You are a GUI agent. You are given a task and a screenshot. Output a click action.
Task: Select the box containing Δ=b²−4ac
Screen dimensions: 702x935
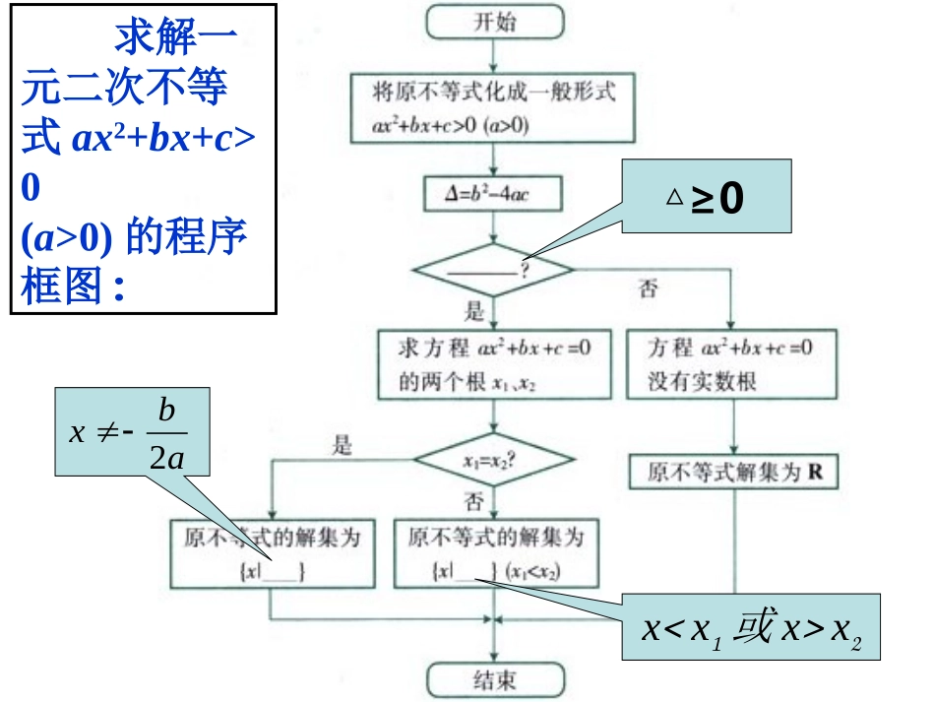492,194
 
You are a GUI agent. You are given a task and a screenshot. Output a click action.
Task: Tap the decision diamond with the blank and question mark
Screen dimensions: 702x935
492,270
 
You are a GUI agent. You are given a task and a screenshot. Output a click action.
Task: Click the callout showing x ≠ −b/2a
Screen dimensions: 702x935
120,431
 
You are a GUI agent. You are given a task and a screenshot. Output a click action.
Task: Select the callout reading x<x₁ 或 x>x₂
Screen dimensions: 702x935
750,628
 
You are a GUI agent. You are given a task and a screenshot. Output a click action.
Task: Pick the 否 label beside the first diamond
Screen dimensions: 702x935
649,289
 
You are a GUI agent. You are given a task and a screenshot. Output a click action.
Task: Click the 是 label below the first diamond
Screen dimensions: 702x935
475,314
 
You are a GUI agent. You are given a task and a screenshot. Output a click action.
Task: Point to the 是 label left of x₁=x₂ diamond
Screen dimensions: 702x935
343,445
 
